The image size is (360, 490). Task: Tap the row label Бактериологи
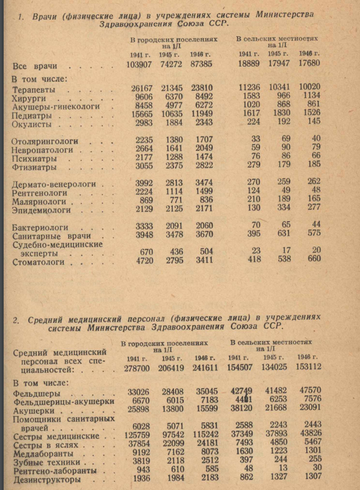(x=39, y=227)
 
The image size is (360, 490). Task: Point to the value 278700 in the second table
(x=137, y=367)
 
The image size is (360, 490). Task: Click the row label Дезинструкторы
(x=43, y=480)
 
